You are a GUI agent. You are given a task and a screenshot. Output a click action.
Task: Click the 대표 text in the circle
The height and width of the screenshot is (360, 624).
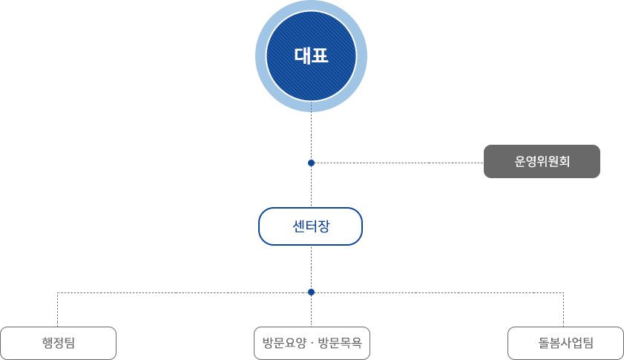[x=311, y=56]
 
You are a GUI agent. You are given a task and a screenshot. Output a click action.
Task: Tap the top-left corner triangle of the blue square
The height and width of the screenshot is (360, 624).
[x=271, y=14]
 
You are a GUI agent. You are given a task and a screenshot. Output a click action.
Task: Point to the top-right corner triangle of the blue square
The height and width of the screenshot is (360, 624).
[x=351, y=14]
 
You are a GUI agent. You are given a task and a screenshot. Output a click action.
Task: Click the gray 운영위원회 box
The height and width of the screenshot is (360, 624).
[x=541, y=161]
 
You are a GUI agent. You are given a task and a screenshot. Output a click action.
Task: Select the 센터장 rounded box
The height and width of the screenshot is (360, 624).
[x=310, y=226]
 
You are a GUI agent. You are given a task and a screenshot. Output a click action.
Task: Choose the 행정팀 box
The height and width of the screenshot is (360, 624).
[x=59, y=343]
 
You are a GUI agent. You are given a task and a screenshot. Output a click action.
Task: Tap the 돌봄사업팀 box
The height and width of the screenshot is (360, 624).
[x=565, y=343]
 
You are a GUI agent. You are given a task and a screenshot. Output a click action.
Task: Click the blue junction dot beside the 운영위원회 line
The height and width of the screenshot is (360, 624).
[x=311, y=163]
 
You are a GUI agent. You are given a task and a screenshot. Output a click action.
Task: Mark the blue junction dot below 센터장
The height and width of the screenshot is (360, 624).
[x=311, y=292]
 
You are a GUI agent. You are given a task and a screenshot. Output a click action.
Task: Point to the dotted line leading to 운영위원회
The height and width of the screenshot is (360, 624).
[x=397, y=163]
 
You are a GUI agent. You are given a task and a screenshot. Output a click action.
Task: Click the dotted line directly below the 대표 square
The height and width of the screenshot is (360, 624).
[x=311, y=134]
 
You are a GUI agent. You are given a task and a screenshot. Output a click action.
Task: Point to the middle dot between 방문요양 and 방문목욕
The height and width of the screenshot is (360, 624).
[x=312, y=344]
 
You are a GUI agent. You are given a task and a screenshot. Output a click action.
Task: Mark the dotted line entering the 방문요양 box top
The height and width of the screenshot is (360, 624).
[x=311, y=312]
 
